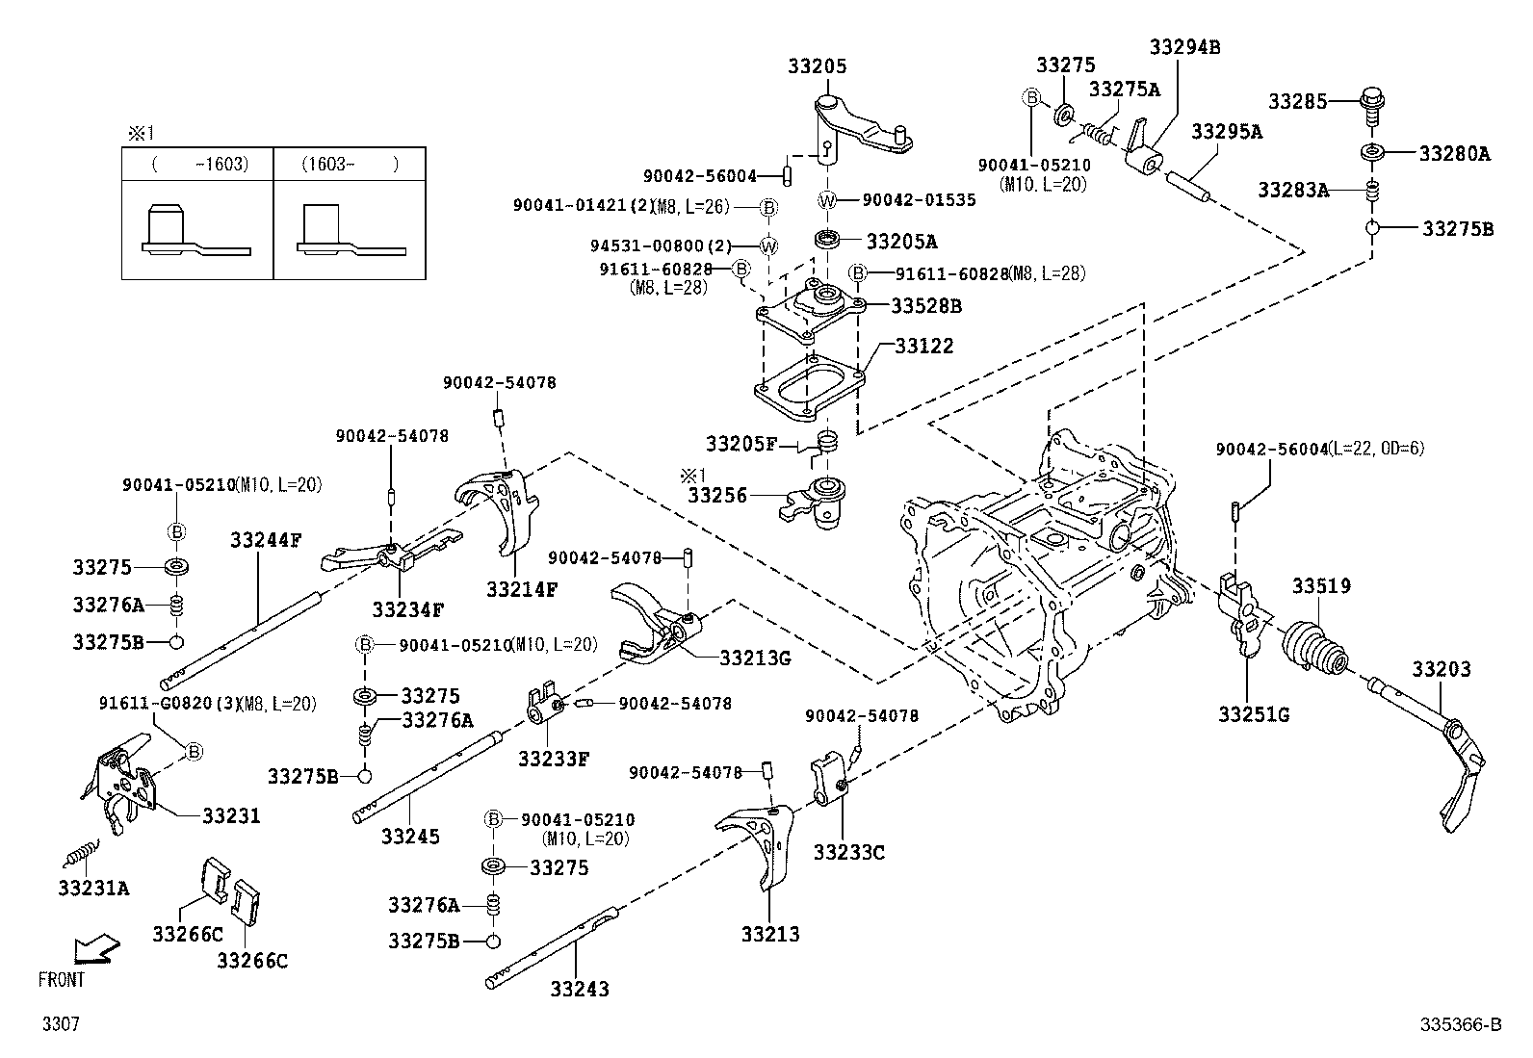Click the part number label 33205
click(x=817, y=66)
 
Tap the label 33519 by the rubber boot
click(x=1321, y=585)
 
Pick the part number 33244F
click(x=265, y=540)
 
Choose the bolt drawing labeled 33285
click(x=1371, y=100)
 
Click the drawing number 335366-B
click(x=1460, y=1025)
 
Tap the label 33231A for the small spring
click(x=92, y=888)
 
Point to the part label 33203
click(x=1442, y=669)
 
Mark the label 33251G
click(x=1253, y=714)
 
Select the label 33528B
click(x=925, y=306)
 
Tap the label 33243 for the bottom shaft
click(x=580, y=989)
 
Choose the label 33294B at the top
click(x=1183, y=46)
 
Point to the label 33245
click(x=409, y=836)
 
